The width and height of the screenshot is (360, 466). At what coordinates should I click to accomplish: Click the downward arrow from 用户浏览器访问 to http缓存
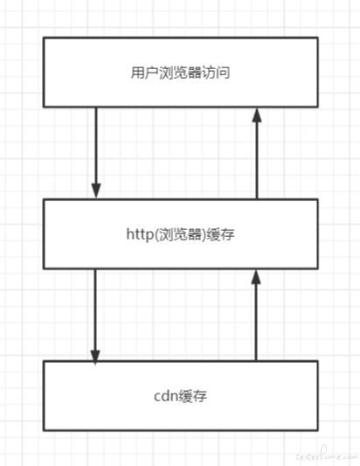[x=96, y=153]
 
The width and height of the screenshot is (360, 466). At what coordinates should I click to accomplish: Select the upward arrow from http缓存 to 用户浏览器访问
[x=257, y=153]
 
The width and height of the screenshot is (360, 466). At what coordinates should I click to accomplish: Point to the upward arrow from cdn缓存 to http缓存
[x=256, y=315]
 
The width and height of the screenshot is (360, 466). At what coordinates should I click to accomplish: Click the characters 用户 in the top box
[x=144, y=73]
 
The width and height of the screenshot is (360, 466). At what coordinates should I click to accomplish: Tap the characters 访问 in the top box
[x=216, y=73]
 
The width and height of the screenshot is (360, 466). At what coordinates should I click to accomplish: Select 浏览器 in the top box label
[x=180, y=73]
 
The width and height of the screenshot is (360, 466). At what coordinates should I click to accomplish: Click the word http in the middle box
[x=140, y=234]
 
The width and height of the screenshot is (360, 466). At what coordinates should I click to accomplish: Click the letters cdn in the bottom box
[x=166, y=396]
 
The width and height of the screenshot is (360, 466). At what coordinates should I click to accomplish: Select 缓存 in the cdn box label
[x=193, y=396]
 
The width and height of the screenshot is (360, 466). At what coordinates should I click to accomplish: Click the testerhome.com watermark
[x=327, y=455]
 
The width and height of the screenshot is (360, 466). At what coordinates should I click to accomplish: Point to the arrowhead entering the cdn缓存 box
[x=95, y=358]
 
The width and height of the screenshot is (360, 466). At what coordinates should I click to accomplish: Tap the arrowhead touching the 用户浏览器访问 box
[x=257, y=115]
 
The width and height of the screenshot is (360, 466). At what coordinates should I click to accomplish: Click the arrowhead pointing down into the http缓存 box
[x=96, y=191]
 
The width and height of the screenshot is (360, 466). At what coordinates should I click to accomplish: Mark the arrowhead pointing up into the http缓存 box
[x=256, y=277]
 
